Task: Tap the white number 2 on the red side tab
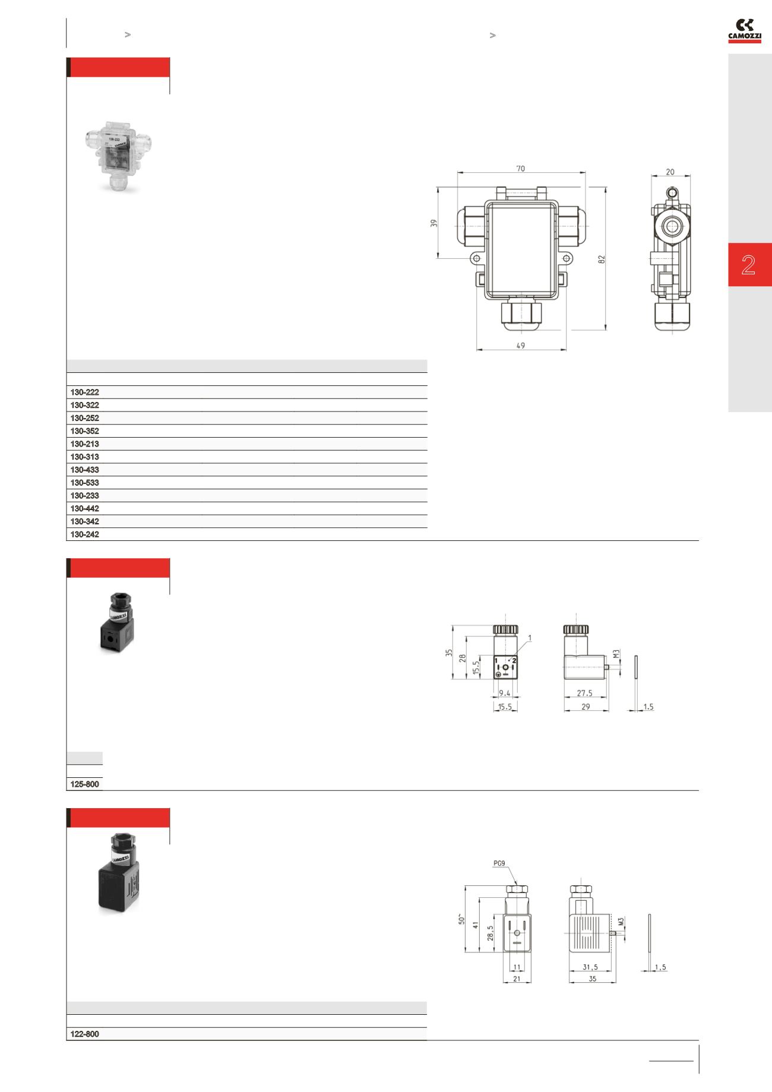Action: (x=748, y=265)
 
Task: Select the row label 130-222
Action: (x=85, y=393)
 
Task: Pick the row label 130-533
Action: (x=85, y=483)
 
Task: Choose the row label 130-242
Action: (x=85, y=534)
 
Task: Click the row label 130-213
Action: (x=85, y=444)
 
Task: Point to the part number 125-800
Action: (x=85, y=784)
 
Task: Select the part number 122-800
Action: (x=85, y=1034)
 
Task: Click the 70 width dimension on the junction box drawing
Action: (x=520, y=169)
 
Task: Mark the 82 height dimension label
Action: (x=601, y=259)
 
